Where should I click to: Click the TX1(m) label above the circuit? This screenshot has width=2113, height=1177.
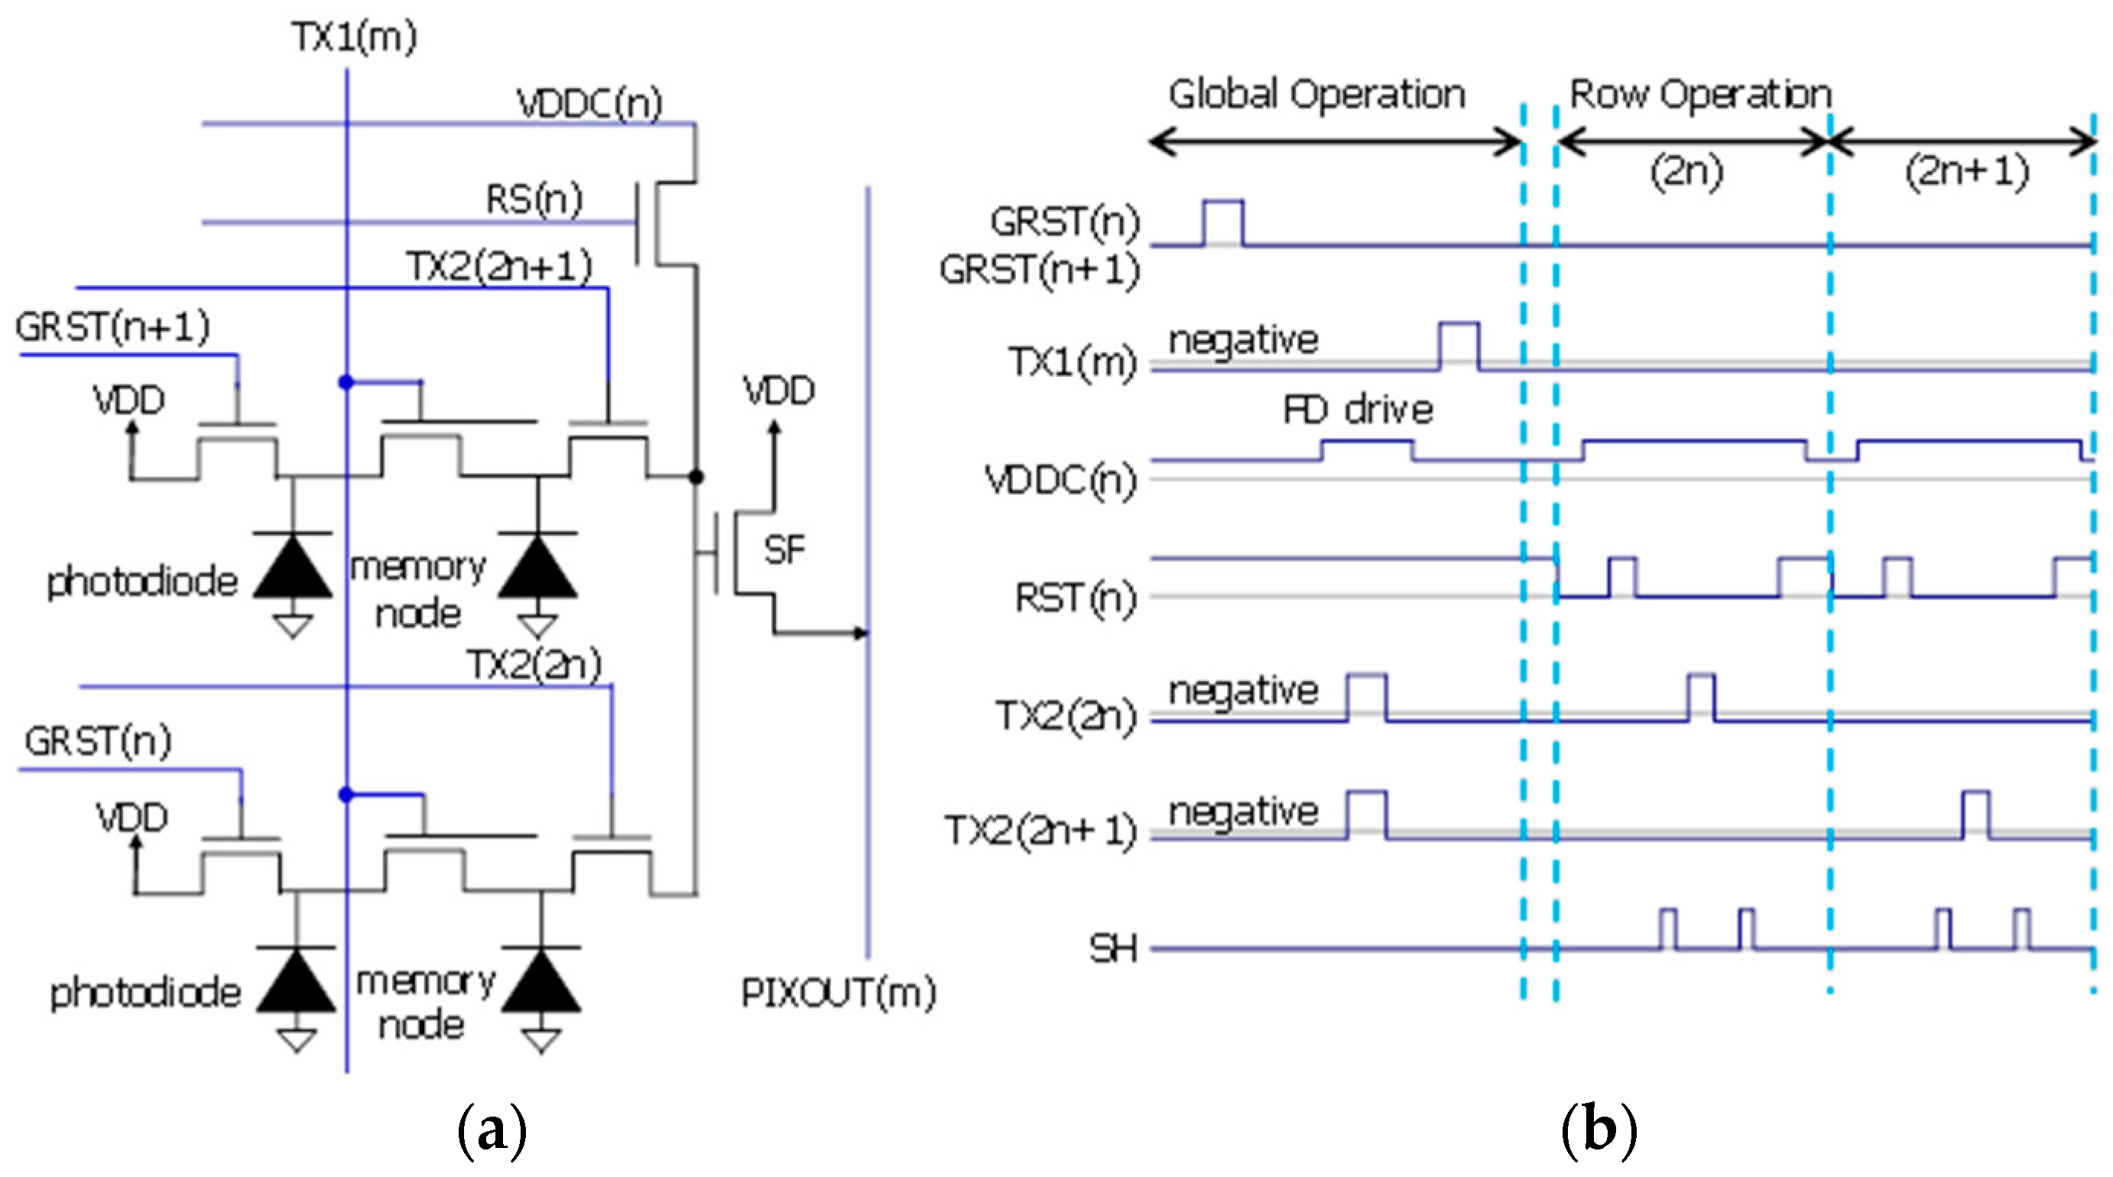pos(355,37)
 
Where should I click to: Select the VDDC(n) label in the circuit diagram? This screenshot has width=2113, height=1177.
pos(589,104)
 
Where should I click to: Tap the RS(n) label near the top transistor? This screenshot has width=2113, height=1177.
pos(534,200)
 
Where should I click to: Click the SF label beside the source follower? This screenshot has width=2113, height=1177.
pos(784,550)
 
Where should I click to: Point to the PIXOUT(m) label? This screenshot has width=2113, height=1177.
pos(838,994)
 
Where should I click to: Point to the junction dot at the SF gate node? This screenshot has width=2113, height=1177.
pos(696,477)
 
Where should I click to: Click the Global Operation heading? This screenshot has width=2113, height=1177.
pos(1316,94)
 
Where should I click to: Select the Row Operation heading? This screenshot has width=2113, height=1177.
pos(1699,94)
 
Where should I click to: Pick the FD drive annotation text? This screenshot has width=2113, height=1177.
pos(1358,410)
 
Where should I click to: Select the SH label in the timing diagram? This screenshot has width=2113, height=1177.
pos(1113,949)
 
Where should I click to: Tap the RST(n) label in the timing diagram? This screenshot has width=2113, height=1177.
pos(1076,597)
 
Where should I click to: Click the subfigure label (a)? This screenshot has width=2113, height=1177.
pos(492,1130)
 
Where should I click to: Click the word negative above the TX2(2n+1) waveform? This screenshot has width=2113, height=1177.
pos(1243,812)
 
